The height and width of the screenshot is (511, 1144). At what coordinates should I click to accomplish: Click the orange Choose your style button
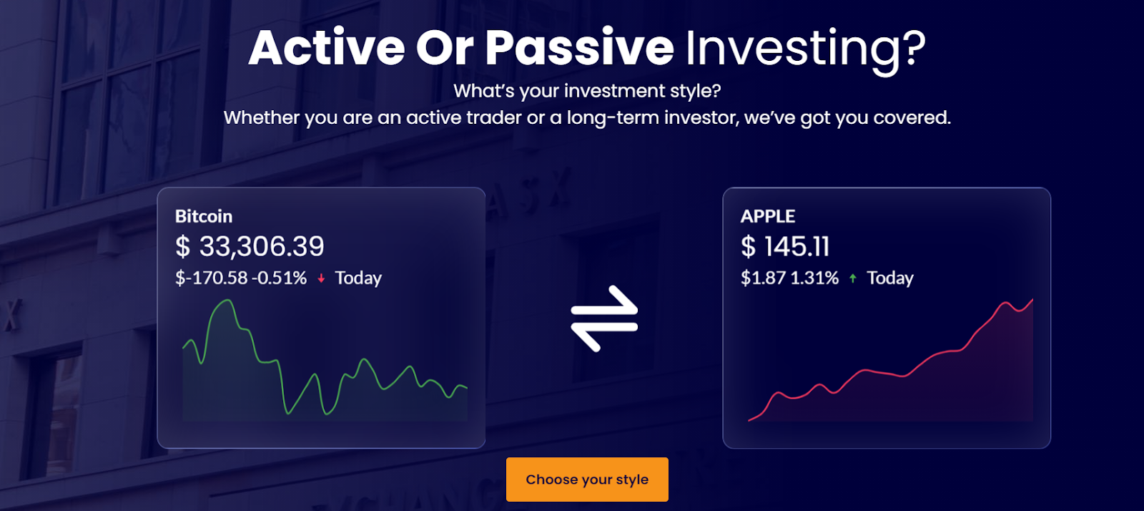[x=587, y=480]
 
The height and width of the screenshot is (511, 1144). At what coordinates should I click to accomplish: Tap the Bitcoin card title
[x=204, y=216]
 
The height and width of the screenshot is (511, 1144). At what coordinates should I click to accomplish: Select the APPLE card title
[x=768, y=216]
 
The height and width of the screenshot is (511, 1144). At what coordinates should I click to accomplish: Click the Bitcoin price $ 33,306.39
[x=250, y=246]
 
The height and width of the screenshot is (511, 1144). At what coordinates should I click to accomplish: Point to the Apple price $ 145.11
[x=785, y=246]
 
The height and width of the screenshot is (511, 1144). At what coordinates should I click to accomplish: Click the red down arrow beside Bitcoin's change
[x=321, y=278]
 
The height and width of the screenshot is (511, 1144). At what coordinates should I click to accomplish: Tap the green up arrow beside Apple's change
[x=852, y=278]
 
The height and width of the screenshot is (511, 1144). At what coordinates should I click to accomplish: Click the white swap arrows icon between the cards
[x=604, y=318]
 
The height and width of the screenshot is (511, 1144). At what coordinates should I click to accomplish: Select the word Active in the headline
[x=327, y=48]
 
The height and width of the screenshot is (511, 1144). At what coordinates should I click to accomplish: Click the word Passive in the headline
[x=580, y=48]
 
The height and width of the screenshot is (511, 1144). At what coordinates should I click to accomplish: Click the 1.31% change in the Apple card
[x=814, y=278]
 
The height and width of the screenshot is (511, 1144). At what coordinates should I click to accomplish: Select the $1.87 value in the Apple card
[x=763, y=278]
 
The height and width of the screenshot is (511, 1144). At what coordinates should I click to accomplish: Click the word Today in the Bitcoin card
[x=358, y=278]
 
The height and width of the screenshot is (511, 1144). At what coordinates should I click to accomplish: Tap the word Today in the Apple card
[x=890, y=278]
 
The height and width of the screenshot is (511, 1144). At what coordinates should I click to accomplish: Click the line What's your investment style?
[x=587, y=91]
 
